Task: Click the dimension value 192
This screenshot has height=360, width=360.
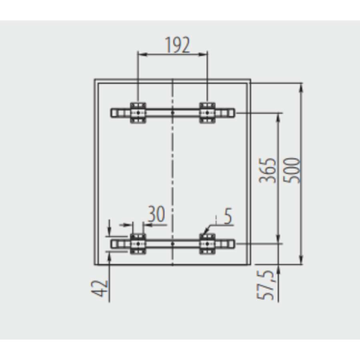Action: pos(178,45)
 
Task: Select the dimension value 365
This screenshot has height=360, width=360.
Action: pos(268,170)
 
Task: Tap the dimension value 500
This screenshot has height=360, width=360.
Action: pos(292,170)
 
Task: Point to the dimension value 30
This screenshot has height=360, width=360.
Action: pos(156,214)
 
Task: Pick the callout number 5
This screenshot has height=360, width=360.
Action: pos(228,217)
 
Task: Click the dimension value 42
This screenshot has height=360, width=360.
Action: pos(100,289)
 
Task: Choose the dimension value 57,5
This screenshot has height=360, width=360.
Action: pos(265,285)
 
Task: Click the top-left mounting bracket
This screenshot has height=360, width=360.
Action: pos(138,112)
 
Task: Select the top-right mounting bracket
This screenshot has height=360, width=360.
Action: pos(207,112)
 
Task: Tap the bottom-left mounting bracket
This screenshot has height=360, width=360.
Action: pos(138,244)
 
